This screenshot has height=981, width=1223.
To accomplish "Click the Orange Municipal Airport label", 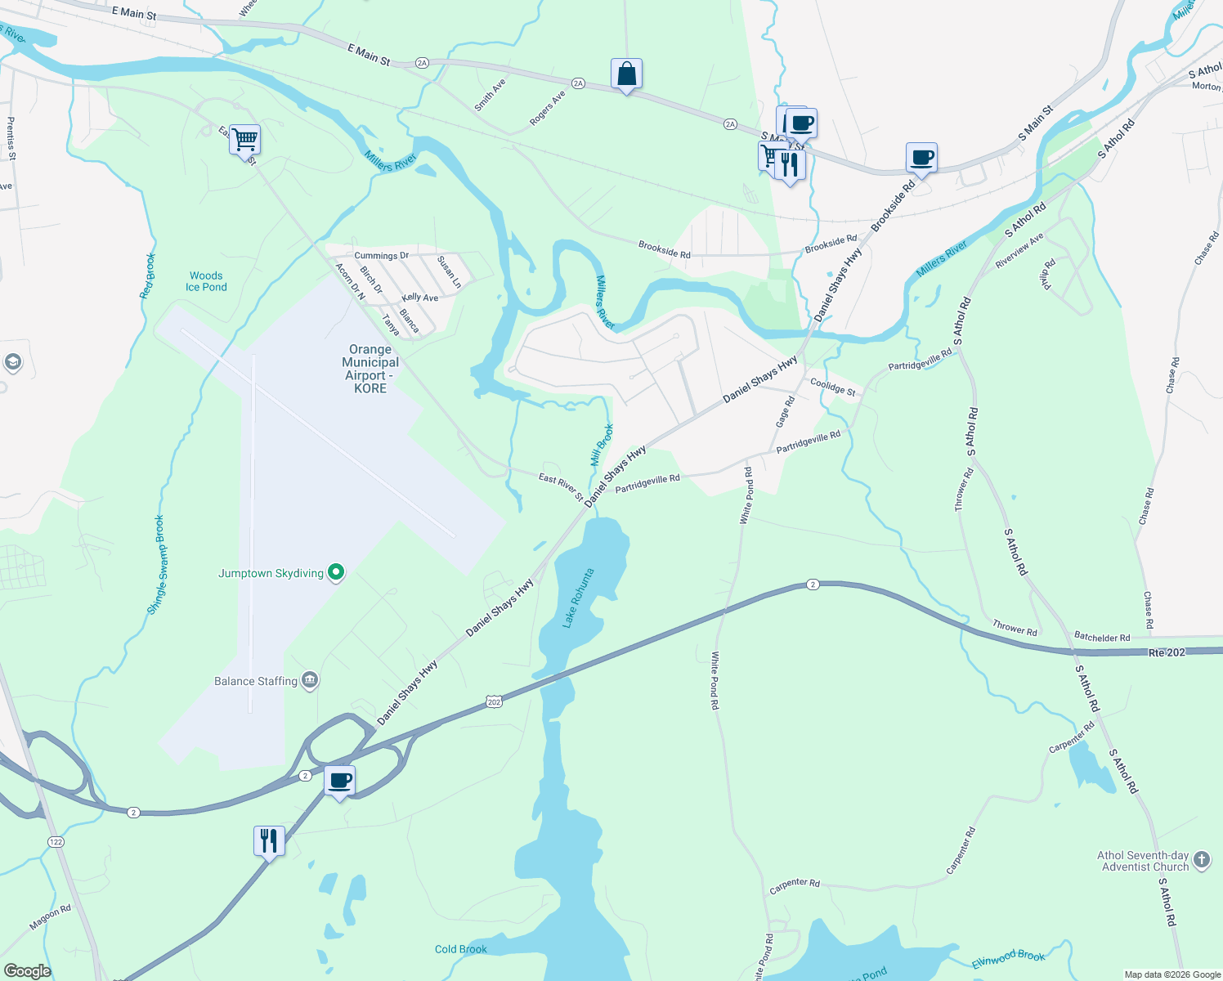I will pyautogui.click(x=370, y=369).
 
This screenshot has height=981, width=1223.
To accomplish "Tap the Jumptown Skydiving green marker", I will pyautogui.click(x=336, y=573).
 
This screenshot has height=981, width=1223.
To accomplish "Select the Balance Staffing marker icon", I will pyautogui.click(x=310, y=680).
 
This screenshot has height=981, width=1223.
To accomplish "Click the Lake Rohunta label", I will pyautogui.click(x=577, y=598).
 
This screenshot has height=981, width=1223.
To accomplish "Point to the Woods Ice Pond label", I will pyautogui.click(x=206, y=281).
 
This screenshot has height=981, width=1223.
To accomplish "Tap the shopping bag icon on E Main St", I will pyautogui.click(x=626, y=74).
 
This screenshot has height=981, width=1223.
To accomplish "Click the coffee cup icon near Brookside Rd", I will pyautogui.click(x=921, y=158).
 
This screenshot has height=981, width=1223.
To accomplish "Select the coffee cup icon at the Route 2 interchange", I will pyautogui.click(x=340, y=781).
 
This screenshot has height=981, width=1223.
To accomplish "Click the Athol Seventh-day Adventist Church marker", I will pyautogui.click(x=1201, y=859).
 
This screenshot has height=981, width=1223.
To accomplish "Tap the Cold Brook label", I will pyautogui.click(x=461, y=949).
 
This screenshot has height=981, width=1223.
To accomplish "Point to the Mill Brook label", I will pyautogui.click(x=602, y=445).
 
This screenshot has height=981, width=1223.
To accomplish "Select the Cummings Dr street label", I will pyautogui.click(x=381, y=256).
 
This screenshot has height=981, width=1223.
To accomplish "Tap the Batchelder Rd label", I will pyautogui.click(x=1102, y=637).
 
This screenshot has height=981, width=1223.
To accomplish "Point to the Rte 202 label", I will pyautogui.click(x=1167, y=652).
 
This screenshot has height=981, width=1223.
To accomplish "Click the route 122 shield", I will pyautogui.click(x=56, y=842).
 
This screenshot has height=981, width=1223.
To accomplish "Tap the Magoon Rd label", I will pyautogui.click(x=51, y=917).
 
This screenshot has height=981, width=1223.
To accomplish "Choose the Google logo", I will pyautogui.click(x=27, y=970).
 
